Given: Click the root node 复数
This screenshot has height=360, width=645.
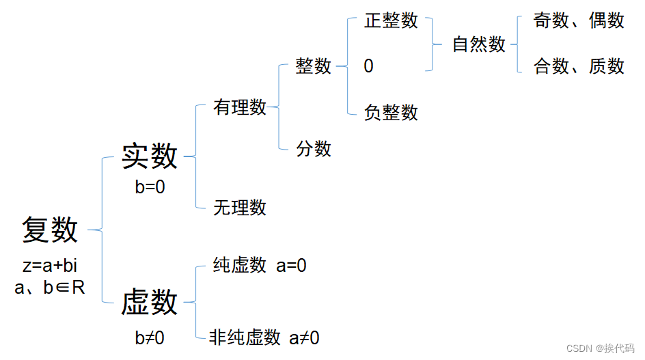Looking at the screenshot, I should click(x=50, y=230).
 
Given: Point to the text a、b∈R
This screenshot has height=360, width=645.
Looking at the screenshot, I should click(x=50, y=288).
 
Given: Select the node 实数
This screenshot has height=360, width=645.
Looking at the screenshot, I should click(x=150, y=156).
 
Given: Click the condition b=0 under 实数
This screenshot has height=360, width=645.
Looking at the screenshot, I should click(x=150, y=187).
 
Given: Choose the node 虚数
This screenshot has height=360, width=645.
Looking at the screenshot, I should click(x=150, y=303).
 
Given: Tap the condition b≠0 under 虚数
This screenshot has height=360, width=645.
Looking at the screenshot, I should click(x=150, y=337).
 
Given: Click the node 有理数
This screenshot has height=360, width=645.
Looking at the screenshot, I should click(x=239, y=107).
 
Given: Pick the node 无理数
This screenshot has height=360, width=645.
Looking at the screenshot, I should click(x=239, y=207).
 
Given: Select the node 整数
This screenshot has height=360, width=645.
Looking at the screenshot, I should click(x=314, y=66).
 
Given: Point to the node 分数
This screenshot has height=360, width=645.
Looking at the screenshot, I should click(x=314, y=148).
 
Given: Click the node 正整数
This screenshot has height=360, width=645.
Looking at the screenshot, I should click(x=391, y=20).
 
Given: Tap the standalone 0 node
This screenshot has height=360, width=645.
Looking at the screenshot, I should click(x=369, y=66).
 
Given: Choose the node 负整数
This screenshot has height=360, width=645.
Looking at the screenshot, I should click(x=391, y=112).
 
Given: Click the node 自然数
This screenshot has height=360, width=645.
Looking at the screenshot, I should click(x=479, y=44).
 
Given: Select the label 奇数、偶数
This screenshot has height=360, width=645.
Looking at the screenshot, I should click(x=579, y=20).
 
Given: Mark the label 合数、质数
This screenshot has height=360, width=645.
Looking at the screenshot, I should click(x=579, y=66).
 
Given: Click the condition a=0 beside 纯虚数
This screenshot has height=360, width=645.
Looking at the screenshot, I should click(x=291, y=266).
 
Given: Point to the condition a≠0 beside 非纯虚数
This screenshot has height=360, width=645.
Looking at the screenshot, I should click(x=304, y=337).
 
